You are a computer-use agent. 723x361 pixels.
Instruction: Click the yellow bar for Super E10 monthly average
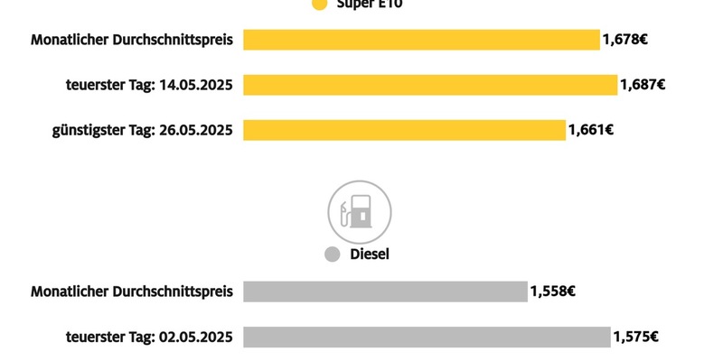[421, 40]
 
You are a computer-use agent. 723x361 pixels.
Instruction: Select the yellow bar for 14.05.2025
[430, 85]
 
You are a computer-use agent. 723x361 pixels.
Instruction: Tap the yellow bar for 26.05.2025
[404, 130]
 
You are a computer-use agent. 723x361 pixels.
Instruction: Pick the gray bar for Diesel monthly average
[385, 292]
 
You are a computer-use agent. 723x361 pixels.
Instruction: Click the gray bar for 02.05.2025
[427, 337]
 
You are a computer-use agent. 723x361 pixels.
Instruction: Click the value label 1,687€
[643, 85]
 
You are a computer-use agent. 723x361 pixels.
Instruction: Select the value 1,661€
[591, 130]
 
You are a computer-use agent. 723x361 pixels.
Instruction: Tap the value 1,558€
[553, 292]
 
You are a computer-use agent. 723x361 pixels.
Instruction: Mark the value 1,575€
[635, 337]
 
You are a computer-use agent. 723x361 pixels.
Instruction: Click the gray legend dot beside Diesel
[332, 255]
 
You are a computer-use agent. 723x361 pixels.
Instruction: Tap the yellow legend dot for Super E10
[318, 5]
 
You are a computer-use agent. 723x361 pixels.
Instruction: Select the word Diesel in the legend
[369, 255]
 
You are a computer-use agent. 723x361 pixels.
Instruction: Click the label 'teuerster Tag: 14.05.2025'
[149, 85]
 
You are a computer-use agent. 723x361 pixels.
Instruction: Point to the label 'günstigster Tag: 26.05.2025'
[142, 130]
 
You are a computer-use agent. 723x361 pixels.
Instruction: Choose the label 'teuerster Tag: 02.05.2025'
[149, 337]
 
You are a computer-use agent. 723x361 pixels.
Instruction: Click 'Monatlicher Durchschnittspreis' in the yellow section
[132, 40]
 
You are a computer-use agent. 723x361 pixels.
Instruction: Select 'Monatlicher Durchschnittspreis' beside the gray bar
[132, 292]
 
